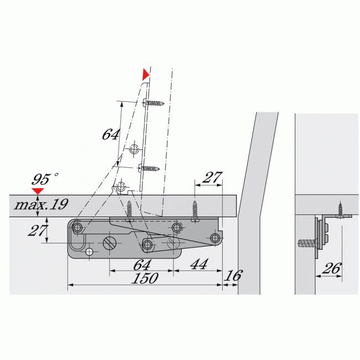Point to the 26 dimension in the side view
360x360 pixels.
click(x=331, y=269)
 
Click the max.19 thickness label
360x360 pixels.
click(x=41, y=204)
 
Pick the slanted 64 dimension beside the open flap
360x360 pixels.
click(x=111, y=134)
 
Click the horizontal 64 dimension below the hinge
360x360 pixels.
click(x=142, y=265)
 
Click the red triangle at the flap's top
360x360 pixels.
click(x=146, y=74)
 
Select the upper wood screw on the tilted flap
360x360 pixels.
click(x=154, y=102)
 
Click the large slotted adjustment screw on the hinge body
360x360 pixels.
click(x=109, y=243)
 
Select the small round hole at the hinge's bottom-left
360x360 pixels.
click(x=89, y=251)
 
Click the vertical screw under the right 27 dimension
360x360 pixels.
click(x=195, y=210)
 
